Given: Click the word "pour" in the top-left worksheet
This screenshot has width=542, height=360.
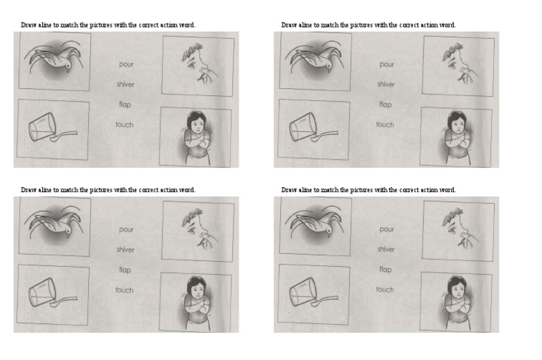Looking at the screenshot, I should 126,64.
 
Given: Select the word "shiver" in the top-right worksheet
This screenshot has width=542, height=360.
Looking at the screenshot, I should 386,84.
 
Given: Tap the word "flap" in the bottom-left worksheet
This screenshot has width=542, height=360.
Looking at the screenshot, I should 125,270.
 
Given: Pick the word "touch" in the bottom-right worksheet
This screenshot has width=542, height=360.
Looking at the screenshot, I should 385,289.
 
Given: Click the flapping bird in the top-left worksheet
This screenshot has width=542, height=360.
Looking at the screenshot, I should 53,60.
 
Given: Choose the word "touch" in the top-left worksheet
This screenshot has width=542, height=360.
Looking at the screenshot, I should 125,124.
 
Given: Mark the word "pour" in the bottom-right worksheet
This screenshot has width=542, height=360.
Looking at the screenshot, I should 387,229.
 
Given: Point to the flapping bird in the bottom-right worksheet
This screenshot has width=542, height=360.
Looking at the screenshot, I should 313,225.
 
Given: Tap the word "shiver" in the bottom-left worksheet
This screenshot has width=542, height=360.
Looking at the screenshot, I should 126,249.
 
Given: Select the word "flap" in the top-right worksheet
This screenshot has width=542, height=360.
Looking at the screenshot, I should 385,104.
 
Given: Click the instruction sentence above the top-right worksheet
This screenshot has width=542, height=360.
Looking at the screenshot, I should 368,25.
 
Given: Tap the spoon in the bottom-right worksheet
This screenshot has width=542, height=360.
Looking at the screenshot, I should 327,300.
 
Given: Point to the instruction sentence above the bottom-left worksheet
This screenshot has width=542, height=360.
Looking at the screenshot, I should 108,190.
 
